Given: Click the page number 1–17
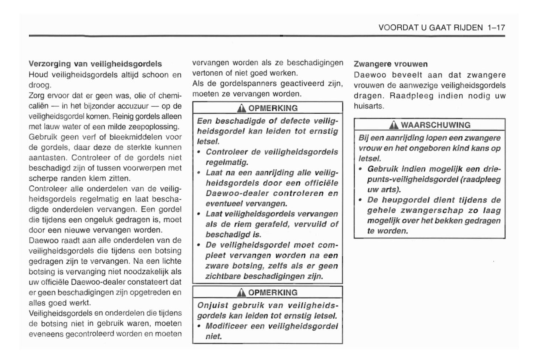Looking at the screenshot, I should tap(496, 28).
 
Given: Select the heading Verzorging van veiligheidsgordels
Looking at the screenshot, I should tap(95, 64).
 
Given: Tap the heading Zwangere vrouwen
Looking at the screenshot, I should tap(391, 64).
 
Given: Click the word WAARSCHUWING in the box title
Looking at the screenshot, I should tap(436, 125).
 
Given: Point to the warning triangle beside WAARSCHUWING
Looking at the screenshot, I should tap(394, 125).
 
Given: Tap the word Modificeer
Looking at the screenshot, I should tap(226, 326).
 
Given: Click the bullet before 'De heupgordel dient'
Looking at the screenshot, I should tap(360, 200).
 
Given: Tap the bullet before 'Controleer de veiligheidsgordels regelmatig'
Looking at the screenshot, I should tap(199, 152).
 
